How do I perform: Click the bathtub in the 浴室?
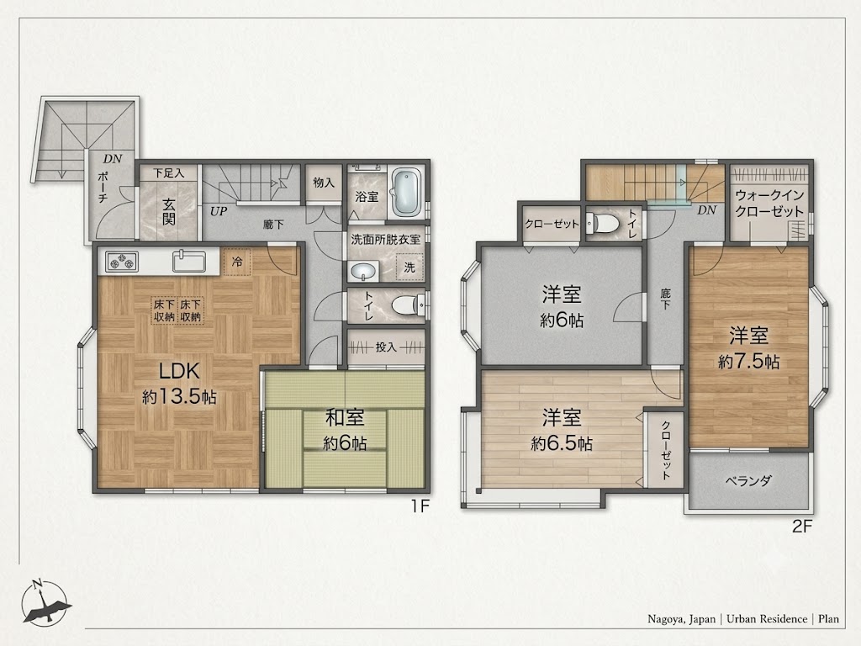tap(406, 193)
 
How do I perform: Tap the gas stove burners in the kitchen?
tap(121, 261)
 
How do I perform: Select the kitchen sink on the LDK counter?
tap(189, 261)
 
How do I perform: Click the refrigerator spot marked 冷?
tap(236, 262)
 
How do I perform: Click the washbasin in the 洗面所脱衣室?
tap(363, 272)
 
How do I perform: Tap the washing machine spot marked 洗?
tap(409, 267)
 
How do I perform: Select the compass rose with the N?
tap(46, 602)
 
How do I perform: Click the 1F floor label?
tap(420, 506)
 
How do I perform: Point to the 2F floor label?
tap(801, 527)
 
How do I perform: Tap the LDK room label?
tap(179, 371)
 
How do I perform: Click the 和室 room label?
tap(345, 418)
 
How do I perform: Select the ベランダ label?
tap(748, 481)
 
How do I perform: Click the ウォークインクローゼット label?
tap(769, 204)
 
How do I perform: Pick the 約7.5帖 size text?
tap(748, 362)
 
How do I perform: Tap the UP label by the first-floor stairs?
tap(219, 211)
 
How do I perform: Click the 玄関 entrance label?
tap(168, 211)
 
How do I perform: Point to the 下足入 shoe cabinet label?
tap(168, 173)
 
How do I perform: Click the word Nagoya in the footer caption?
tap(665, 619)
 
